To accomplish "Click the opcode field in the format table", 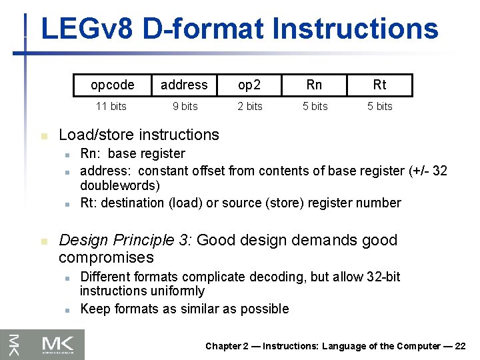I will pos(113,85).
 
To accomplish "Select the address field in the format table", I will pos(184,85).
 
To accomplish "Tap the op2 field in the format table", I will pos(250,85).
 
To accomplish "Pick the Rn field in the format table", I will pos(314,85).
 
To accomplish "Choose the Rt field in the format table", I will pos(379,85).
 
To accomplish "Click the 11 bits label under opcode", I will pos(111,107).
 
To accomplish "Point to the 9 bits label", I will pos(184,107).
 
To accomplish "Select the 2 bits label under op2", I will pos(250,107).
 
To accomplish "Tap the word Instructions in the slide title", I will pos(355,29).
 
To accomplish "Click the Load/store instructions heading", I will pos(139,135).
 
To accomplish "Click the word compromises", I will pos(106,257).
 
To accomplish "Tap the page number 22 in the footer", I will pos(460,346).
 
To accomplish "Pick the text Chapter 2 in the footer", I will pos(227,346).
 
